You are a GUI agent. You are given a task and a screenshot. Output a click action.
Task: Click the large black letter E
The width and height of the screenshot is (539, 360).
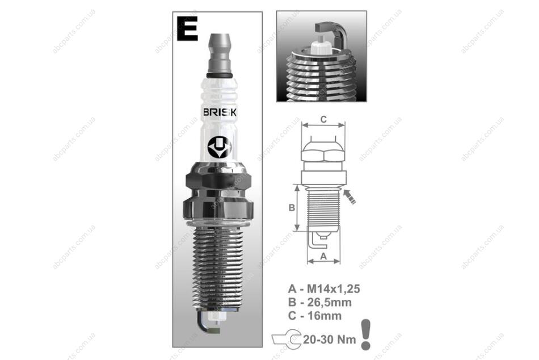click(187, 28)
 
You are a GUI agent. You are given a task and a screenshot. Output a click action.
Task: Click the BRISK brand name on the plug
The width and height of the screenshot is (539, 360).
click(220, 112)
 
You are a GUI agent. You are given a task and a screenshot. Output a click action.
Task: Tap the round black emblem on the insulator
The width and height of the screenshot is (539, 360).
click(220, 146)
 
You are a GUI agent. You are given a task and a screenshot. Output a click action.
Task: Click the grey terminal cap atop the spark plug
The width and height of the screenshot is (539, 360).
click(220, 53)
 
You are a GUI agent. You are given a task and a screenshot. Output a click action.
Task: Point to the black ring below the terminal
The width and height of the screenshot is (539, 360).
click(220, 76)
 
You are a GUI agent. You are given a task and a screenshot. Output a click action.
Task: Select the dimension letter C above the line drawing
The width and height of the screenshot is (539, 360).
click(323, 119)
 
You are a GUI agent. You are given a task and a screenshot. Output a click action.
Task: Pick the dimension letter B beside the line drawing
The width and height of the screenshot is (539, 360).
click(292, 207)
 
